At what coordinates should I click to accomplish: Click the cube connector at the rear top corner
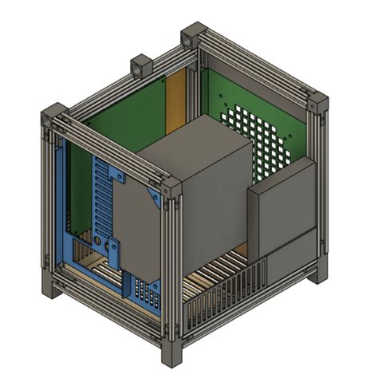click(x=192, y=37)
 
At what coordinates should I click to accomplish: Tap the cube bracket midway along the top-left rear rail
click(x=142, y=66)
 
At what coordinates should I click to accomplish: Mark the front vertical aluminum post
click(x=170, y=271)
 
